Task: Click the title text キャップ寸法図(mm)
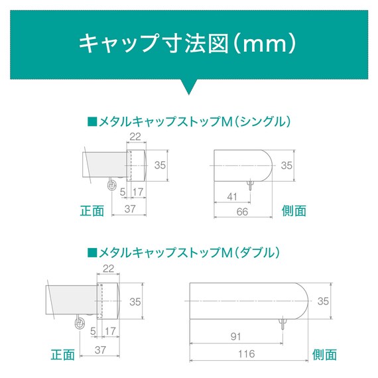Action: pos(187,44)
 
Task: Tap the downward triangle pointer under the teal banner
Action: pos(189,86)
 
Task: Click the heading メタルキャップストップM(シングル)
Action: pos(189,122)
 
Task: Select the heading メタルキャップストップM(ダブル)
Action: pos(184,253)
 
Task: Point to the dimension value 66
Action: pos(242,212)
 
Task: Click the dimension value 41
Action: pos(232,197)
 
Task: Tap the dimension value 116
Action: pos(246,354)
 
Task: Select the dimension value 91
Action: pos(235,336)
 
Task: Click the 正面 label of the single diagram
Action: pos(92,211)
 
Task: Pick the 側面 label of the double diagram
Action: pos(324,355)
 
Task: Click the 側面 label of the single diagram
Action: pos(294,211)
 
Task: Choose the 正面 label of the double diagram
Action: pos(63,355)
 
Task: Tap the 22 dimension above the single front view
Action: pos(135,137)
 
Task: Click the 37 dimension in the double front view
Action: pos(100,350)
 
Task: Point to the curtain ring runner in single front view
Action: pos(111,184)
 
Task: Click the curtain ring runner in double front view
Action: pos(80,322)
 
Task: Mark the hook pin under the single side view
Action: pos(251,185)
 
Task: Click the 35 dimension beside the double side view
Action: pos(323,301)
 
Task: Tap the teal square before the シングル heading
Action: pos(92,122)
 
